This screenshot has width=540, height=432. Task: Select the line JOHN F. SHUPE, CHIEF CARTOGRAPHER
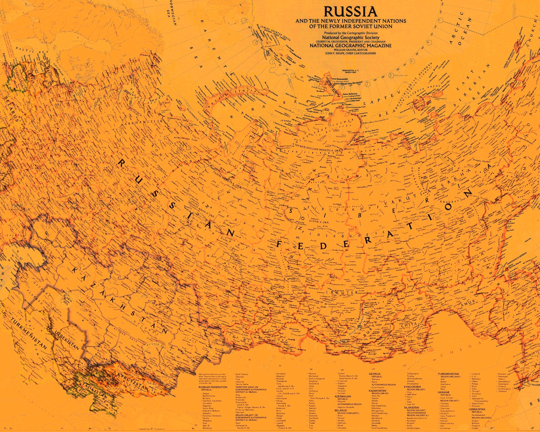click(350, 53)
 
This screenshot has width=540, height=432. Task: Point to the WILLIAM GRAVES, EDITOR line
click(350, 50)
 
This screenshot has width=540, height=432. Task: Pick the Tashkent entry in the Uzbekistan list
click(502, 391)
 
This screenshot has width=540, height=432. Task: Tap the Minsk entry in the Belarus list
click(340, 425)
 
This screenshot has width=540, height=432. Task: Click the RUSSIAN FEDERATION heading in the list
click(213, 387)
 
